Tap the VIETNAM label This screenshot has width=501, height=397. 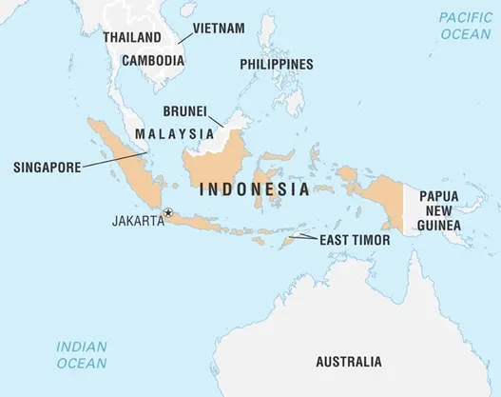point(218,28)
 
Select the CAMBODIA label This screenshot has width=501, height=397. point(152,59)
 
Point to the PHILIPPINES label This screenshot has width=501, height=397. point(276,64)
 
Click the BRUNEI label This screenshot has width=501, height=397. point(186,110)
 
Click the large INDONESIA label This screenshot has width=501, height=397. point(254,189)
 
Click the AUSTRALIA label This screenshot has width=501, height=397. point(349,362)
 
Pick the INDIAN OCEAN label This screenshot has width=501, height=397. point(81,354)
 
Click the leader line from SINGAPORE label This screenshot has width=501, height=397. point(100,163)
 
